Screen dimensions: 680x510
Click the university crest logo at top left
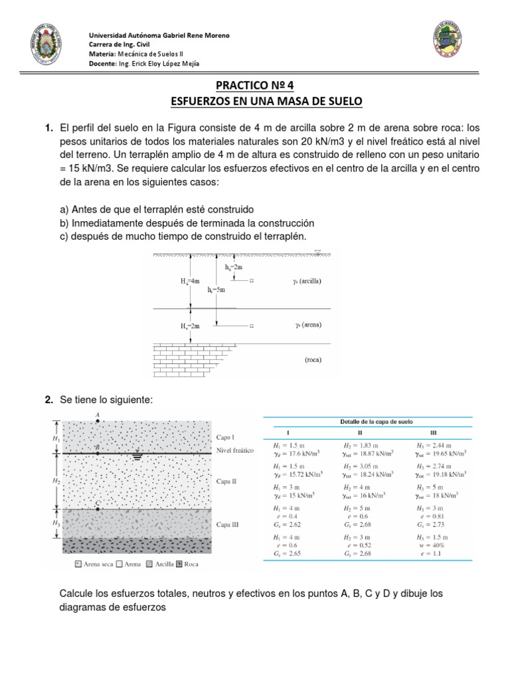pyautogui.click(x=46, y=46)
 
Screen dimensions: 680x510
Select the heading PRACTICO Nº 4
pyautogui.click(x=254, y=86)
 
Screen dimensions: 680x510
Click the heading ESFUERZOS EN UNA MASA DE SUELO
pyautogui.click(x=254, y=101)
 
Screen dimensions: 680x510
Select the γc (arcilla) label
pyautogui.click(x=306, y=281)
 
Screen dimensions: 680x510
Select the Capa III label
pyautogui.click(x=227, y=524)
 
